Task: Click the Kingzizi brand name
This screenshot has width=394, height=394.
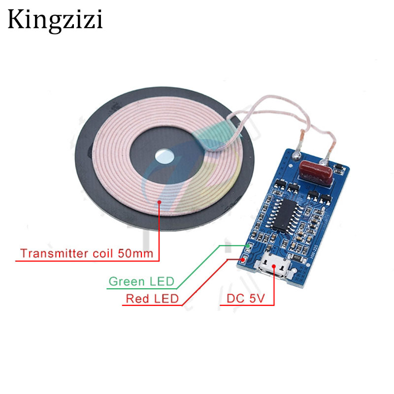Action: click(55, 21)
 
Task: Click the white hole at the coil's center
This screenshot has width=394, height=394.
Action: click(164, 157)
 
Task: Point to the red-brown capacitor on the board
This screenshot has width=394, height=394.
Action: click(316, 171)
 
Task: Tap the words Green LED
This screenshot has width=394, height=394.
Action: click(141, 281)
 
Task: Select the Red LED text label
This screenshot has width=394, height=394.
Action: click(152, 298)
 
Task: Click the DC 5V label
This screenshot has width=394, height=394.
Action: click(245, 298)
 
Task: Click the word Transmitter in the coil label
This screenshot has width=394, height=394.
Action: click(55, 253)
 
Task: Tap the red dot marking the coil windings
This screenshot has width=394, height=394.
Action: click(159, 202)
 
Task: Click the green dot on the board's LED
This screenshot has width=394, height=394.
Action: click(248, 245)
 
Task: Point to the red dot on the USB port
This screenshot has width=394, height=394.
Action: click(274, 265)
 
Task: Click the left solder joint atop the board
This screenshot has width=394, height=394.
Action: click(296, 156)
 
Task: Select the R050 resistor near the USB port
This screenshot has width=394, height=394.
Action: click(297, 258)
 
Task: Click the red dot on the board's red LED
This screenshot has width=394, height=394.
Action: click(243, 259)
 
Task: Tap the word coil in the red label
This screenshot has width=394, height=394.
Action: click(103, 253)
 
